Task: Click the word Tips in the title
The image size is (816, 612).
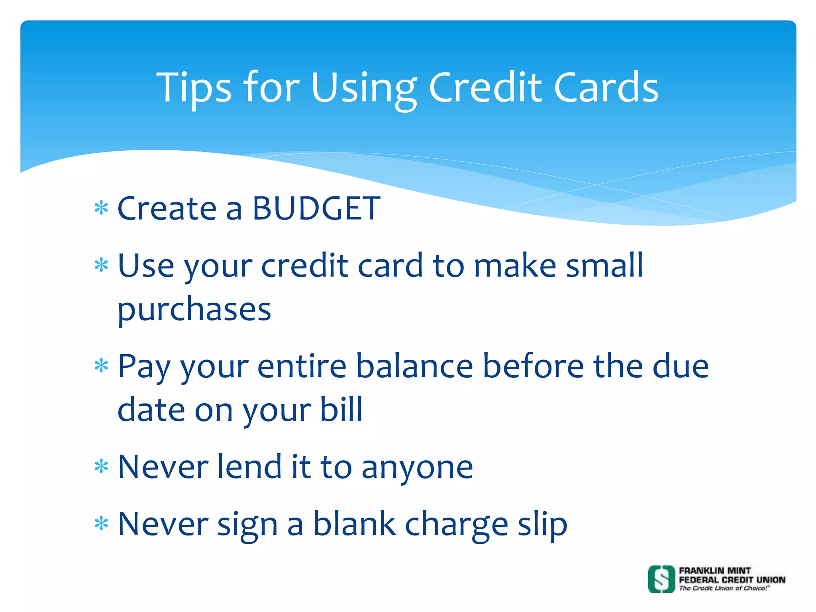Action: [x=194, y=88]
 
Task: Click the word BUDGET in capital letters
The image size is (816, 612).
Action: [x=316, y=208]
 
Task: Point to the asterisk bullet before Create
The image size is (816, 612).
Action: [x=101, y=208]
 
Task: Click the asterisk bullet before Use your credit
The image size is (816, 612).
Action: [x=101, y=265]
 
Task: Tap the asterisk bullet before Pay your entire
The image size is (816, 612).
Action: [x=101, y=366]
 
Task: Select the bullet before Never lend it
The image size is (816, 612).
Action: [x=101, y=466]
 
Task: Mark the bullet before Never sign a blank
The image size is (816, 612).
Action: [x=101, y=524]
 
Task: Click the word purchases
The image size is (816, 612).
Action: [x=194, y=310]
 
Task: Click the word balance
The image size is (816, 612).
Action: [x=414, y=366]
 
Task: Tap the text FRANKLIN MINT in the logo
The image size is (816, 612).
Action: [x=715, y=571]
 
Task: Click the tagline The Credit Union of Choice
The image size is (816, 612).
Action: [x=724, y=588]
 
